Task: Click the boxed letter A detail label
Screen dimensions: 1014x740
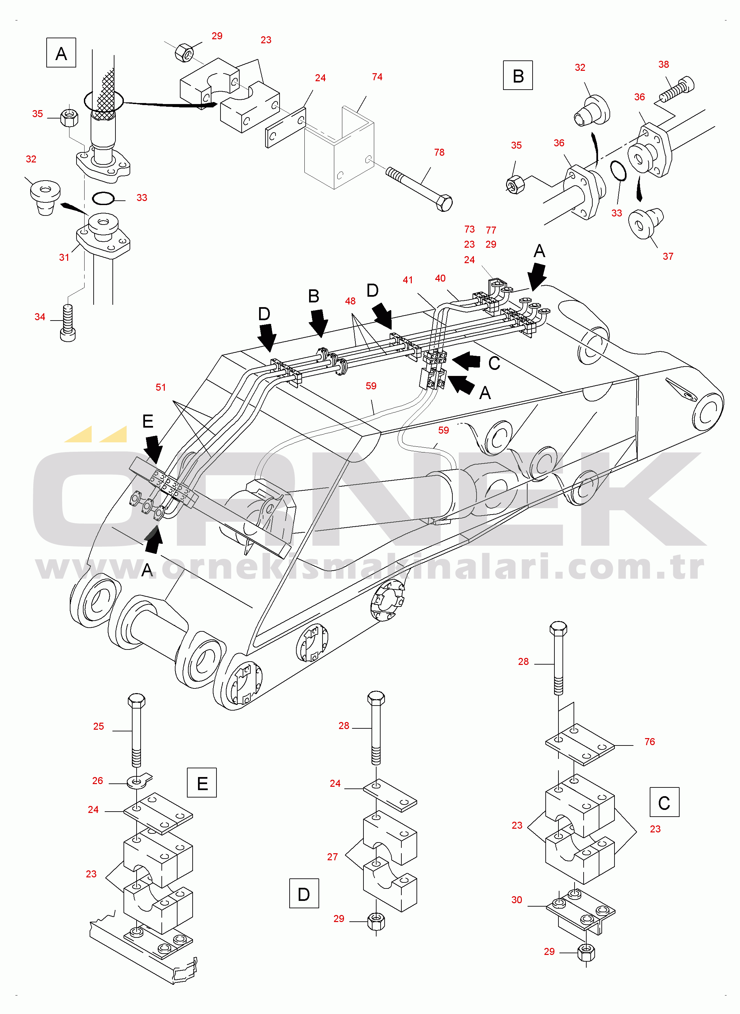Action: pos(61,53)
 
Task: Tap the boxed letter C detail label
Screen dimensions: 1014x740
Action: pos(664,802)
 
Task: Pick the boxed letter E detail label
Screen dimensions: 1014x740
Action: pos(202,783)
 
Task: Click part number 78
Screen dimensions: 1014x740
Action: pos(439,152)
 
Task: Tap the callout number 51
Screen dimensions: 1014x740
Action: pos(160,387)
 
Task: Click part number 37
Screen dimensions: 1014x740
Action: pos(668,256)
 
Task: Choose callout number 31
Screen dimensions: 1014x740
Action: pos(64,257)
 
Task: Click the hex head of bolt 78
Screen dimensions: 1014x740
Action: pos(444,204)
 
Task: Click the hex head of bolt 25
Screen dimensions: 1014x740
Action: pos(136,701)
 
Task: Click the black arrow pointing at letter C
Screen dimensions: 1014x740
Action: pos(467,360)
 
